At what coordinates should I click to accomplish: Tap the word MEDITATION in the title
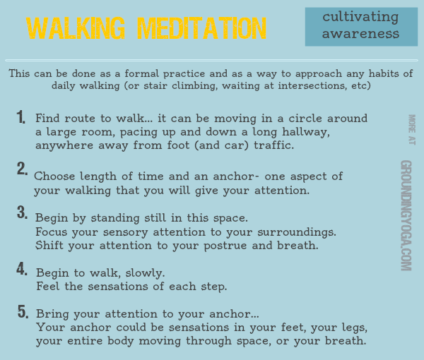202,29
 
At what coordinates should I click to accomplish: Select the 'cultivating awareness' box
361,26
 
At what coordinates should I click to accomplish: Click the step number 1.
22,118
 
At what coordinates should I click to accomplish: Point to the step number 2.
22,169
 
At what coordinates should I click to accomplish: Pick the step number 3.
22,212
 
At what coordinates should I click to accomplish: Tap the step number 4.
22,269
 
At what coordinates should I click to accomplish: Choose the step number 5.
22,312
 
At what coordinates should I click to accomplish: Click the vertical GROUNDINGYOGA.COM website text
406,215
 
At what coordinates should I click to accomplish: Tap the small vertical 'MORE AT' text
411,130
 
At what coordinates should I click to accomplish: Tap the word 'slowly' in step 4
145,272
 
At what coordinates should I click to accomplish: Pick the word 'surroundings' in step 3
297,232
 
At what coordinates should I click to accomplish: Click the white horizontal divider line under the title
212,60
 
